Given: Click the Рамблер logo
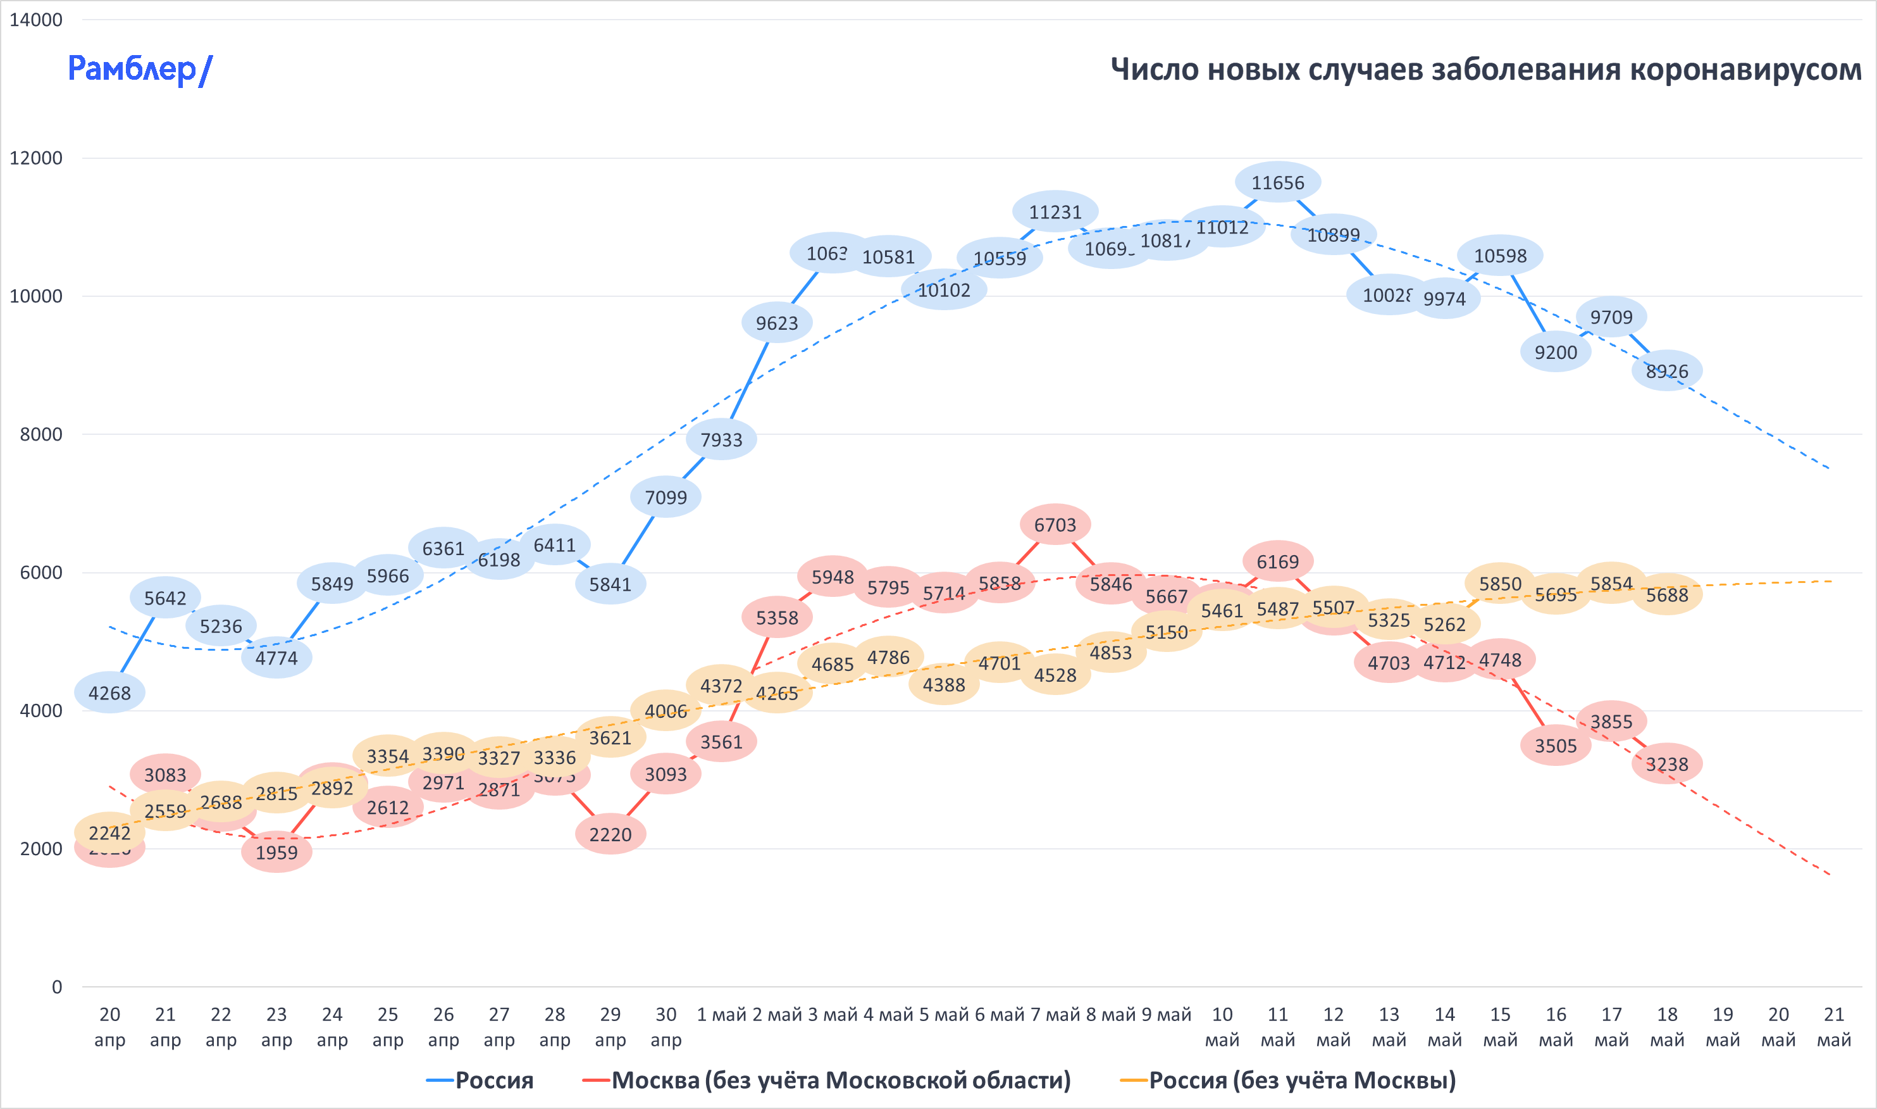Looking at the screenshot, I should click(x=140, y=70).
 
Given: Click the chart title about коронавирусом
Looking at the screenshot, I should click(x=1485, y=70).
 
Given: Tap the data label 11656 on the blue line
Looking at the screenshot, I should click(x=1277, y=183).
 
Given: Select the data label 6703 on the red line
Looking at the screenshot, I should click(x=1055, y=525).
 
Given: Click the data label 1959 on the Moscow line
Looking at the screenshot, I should click(x=276, y=853).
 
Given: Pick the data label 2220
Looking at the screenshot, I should click(x=610, y=835).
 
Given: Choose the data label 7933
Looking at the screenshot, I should click(x=721, y=440).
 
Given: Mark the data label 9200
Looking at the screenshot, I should click(x=1555, y=353).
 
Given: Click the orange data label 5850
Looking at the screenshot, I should click(x=1500, y=584).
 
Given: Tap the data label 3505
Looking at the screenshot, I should click(x=1555, y=746).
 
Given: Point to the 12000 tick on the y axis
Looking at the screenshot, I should click(x=36, y=158).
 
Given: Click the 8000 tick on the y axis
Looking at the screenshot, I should click(x=41, y=435).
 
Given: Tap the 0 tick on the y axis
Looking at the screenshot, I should click(x=57, y=987).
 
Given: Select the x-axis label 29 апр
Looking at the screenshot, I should click(x=610, y=1027).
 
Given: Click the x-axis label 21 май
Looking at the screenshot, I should click(x=1834, y=1027).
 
